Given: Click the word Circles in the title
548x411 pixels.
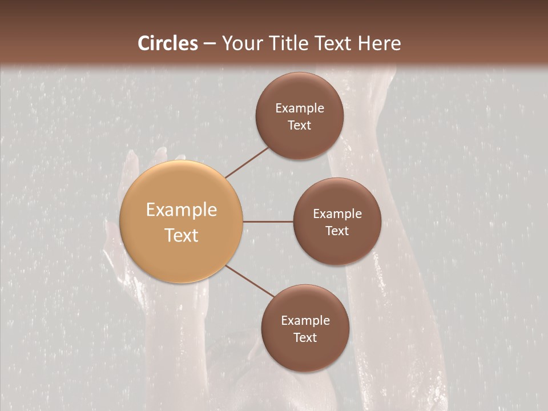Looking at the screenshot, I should (x=168, y=43).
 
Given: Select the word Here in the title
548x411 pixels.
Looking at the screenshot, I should (x=379, y=43).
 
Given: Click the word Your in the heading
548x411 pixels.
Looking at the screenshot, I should (x=242, y=43).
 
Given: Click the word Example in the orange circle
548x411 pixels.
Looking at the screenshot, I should (x=182, y=210).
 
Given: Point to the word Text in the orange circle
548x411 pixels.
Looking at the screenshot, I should (x=182, y=235).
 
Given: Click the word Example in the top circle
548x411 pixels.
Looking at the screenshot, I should (x=300, y=108).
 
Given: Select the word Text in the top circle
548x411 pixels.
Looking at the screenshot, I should (x=299, y=126).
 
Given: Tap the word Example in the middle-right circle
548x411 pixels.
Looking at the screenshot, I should (x=337, y=214).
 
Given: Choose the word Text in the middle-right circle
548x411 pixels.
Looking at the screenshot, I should (x=337, y=231).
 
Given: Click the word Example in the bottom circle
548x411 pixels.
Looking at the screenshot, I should (x=305, y=321).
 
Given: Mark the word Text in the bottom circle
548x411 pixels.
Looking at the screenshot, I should (x=305, y=338).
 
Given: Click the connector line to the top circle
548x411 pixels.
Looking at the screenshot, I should (x=247, y=162).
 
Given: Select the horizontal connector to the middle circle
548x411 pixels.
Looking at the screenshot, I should (x=268, y=221).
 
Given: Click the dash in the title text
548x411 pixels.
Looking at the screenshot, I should (x=209, y=44).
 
